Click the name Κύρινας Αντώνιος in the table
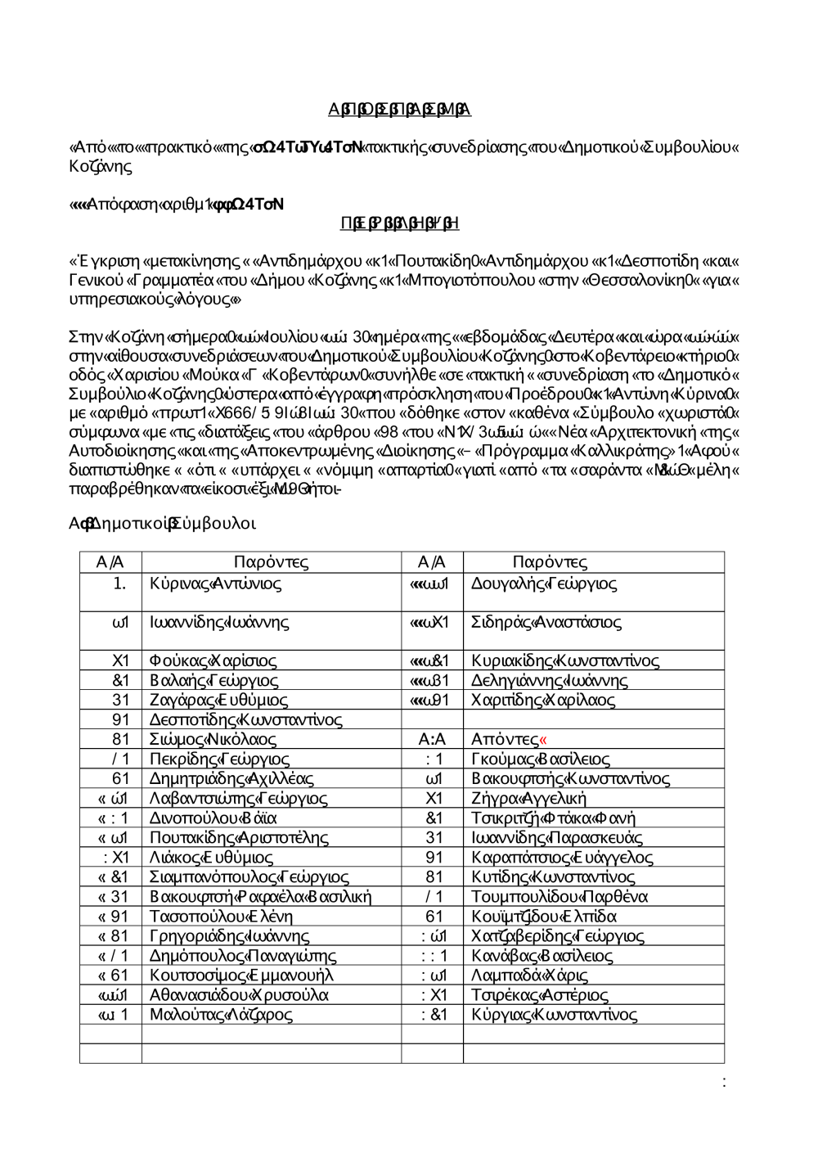[x=215, y=584]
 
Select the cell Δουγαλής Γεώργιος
[x=544, y=584]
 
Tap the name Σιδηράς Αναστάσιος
[x=546, y=622]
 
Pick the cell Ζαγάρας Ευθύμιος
[x=218, y=700]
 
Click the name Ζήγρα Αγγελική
[x=528, y=798]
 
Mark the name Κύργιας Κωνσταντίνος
[x=554, y=1014]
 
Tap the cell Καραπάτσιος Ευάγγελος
[x=562, y=857]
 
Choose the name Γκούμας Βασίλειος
[x=540, y=759]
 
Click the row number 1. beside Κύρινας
[x=119, y=584]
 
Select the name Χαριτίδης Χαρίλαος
[x=543, y=700]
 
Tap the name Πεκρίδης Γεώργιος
[x=219, y=759]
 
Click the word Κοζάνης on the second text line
[x=101, y=166]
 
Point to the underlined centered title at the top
[x=399, y=110]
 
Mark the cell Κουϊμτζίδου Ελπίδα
[x=544, y=916]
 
